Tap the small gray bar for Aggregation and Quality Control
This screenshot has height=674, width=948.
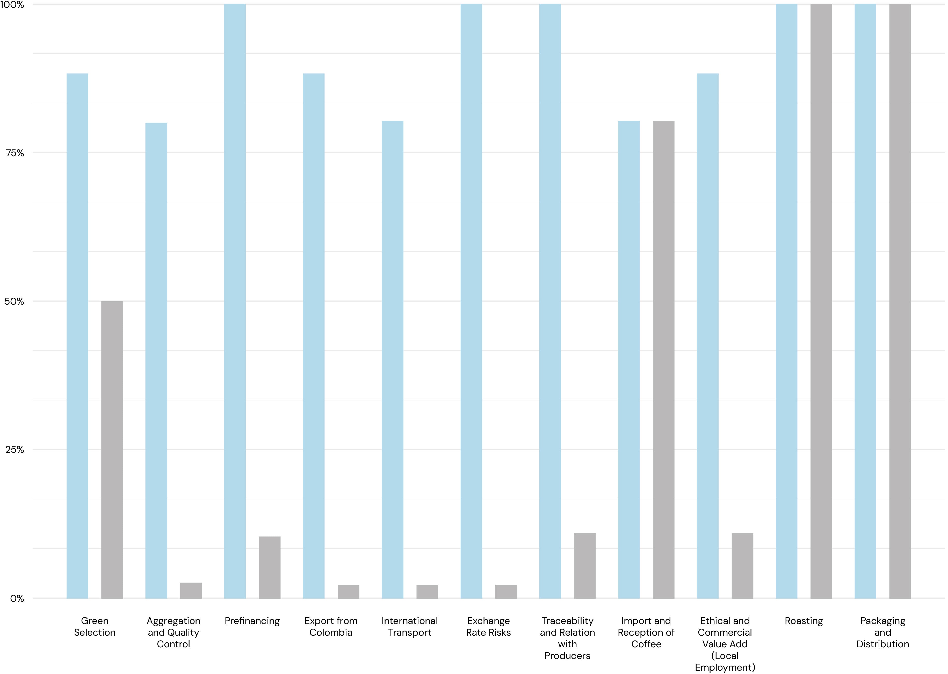pos(191,591)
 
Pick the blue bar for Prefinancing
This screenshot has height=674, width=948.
pos(235,301)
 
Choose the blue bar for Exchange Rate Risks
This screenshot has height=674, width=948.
pos(471,301)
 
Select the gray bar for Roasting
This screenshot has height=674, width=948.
pos(821,301)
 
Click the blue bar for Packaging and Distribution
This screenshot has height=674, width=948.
pos(865,301)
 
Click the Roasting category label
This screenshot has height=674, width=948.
pos(804,621)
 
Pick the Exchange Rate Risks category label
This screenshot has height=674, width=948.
pos(488,627)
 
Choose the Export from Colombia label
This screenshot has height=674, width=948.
pos(331,627)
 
